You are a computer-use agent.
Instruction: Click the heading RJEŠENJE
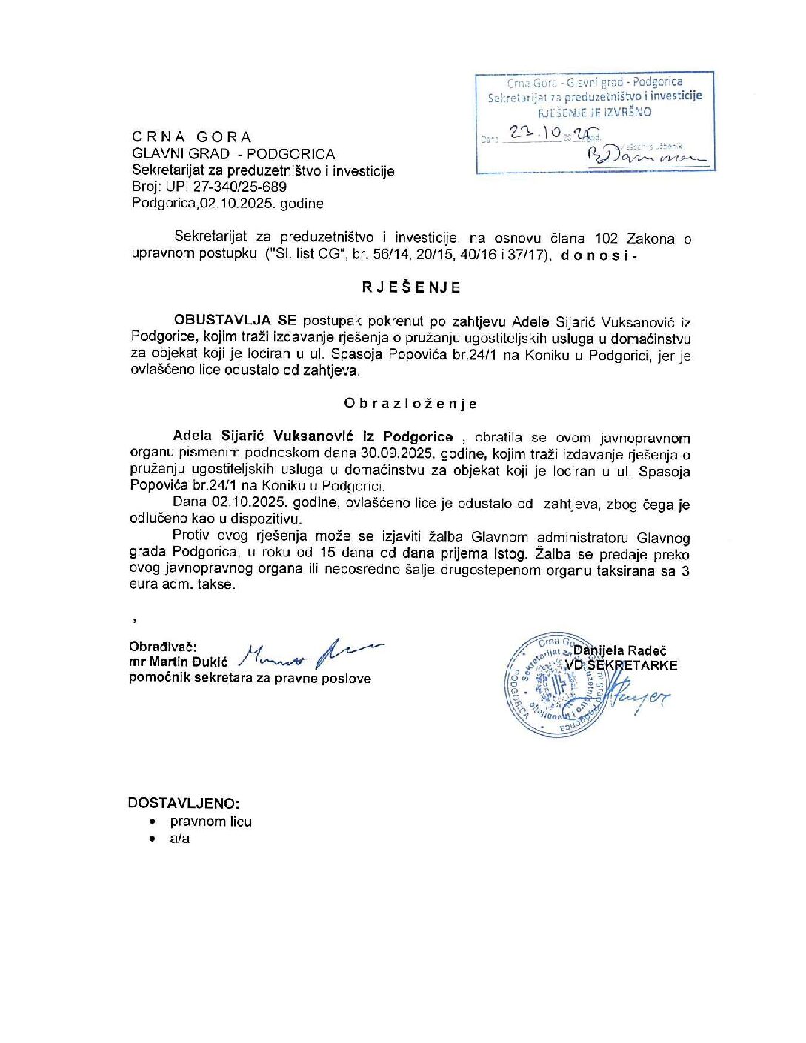coord(411,287)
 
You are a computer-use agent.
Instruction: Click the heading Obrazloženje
coord(410,404)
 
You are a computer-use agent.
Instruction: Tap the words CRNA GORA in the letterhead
coord(192,137)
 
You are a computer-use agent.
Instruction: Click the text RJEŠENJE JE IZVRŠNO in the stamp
coord(594,112)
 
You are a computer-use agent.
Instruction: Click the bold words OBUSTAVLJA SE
coord(235,321)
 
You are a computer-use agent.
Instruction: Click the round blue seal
coord(556,684)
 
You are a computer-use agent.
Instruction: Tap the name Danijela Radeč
coord(620,650)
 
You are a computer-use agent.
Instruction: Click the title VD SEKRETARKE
coord(621,665)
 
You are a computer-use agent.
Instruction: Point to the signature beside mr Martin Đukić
coord(311,653)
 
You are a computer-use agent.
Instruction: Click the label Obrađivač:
coord(163,646)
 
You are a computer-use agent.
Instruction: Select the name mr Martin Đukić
coord(179,662)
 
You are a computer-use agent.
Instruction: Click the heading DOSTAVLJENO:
coord(184,803)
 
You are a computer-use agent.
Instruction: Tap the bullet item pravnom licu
coord(211,822)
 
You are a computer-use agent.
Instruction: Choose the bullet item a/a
coord(180,839)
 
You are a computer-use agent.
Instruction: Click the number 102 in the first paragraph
coord(606,239)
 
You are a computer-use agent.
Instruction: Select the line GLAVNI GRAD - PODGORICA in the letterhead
coord(233,154)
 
